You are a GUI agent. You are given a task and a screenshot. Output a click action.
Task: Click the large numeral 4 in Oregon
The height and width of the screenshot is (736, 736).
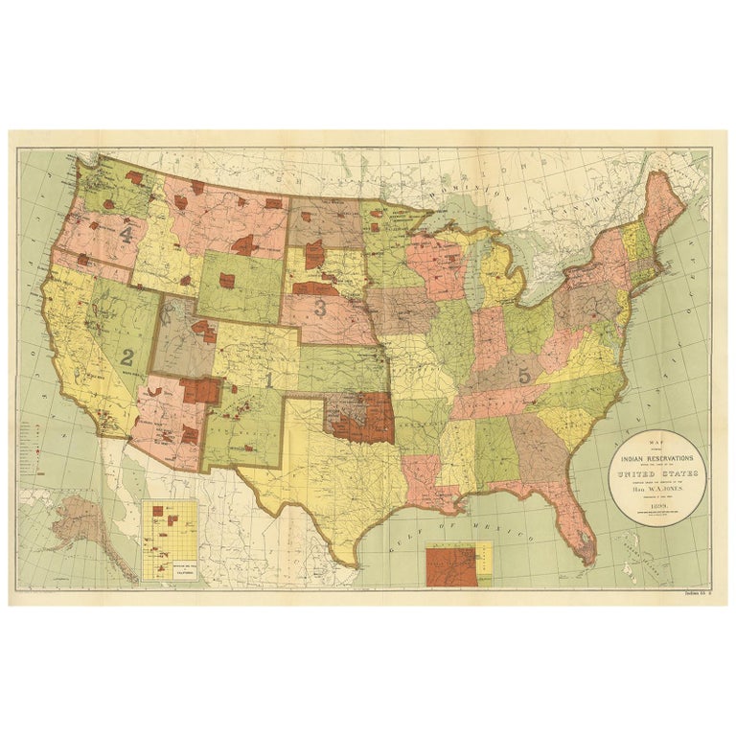click(126, 232)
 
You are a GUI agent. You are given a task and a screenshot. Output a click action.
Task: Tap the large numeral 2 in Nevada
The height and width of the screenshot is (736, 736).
click(126, 357)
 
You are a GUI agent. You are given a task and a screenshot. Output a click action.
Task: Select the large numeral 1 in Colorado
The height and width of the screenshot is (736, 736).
click(269, 379)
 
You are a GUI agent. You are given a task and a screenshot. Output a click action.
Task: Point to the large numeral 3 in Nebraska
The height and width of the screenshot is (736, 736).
click(320, 308)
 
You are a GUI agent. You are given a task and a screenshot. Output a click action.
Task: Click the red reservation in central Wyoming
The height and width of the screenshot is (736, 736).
click(228, 280)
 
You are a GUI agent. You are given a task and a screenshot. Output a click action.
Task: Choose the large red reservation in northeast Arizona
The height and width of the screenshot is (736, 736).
click(201, 389)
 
